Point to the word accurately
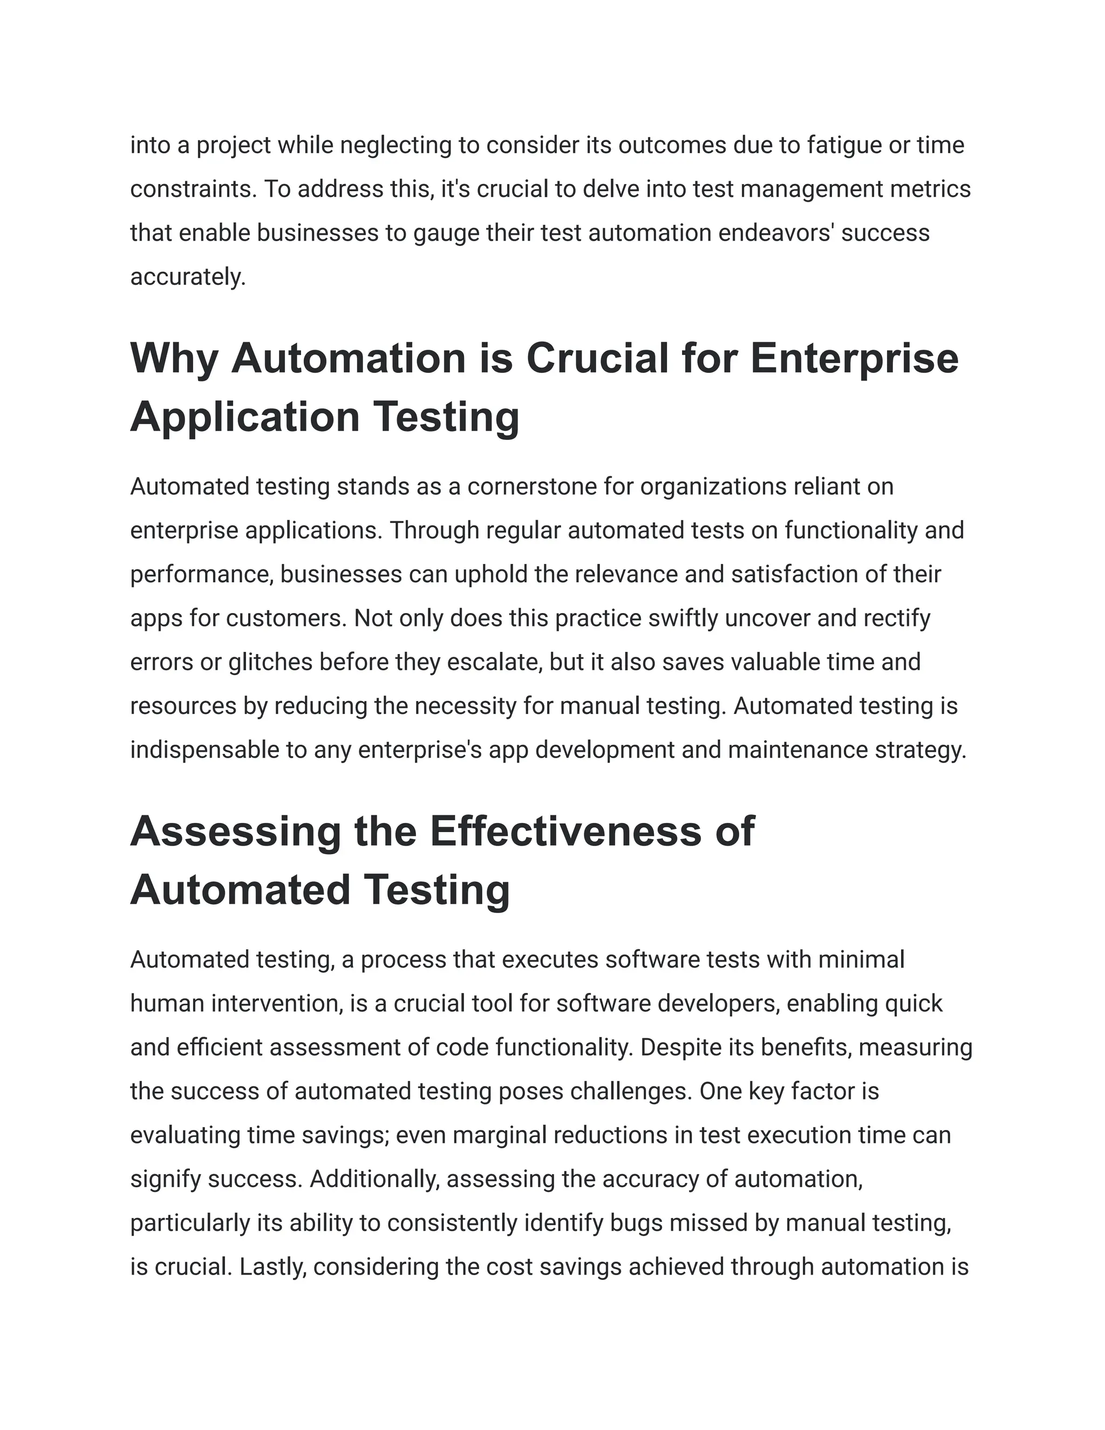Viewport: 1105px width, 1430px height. [x=187, y=277]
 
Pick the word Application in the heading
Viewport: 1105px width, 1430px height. [x=245, y=417]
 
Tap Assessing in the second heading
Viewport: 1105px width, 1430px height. [x=236, y=832]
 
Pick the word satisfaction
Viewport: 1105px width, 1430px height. [x=792, y=574]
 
